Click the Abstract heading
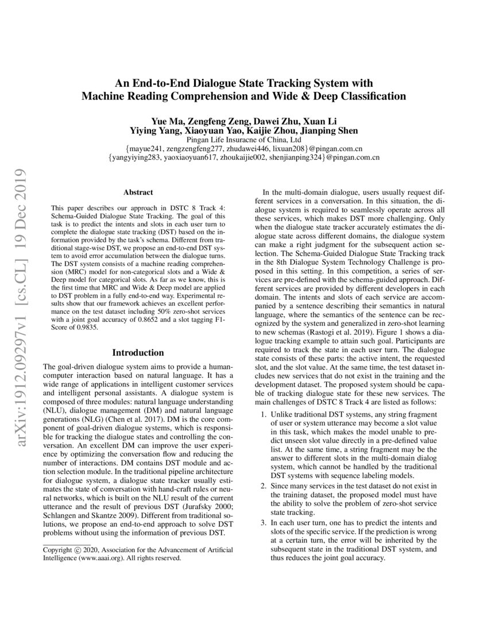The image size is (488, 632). [138, 192]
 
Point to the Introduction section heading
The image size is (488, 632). [138, 352]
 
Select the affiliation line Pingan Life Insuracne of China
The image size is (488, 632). [244, 140]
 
